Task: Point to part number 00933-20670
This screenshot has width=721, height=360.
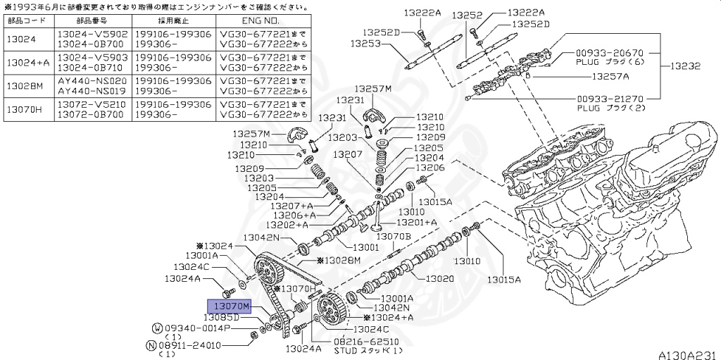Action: (610, 53)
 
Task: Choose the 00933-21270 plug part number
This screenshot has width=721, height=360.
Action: (610, 99)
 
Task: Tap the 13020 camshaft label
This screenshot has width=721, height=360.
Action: (441, 279)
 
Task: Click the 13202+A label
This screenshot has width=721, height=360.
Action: (291, 225)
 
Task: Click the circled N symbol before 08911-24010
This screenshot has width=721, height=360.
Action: (151, 345)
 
